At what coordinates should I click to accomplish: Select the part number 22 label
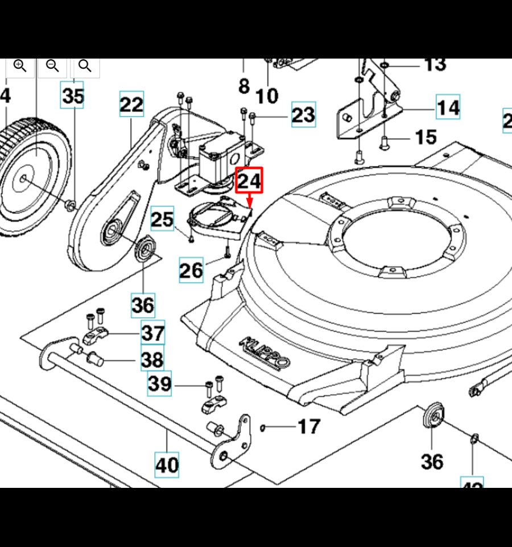pyautogui.click(x=131, y=105)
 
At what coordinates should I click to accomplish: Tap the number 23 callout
pyautogui.click(x=303, y=115)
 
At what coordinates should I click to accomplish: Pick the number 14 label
pyautogui.click(x=448, y=107)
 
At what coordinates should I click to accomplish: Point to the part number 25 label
pyautogui.click(x=162, y=219)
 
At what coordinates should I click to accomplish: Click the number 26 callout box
pyautogui.click(x=191, y=270)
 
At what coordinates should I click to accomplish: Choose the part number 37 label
pyautogui.click(x=152, y=333)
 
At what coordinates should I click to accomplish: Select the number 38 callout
pyautogui.click(x=152, y=359)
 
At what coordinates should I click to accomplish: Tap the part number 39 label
pyautogui.click(x=160, y=384)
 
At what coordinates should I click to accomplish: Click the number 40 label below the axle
pyautogui.click(x=167, y=465)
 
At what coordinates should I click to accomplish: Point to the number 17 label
pyautogui.click(x=309, y=426)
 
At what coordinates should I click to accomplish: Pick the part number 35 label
pyautogui.click(x=73, y=96)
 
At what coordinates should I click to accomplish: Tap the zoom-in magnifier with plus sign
pyautogui.click(x=20, y=66)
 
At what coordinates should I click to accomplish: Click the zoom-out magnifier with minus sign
pyautogui.click(x=52, y=66)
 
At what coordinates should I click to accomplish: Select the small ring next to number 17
pyautogui.click(x=263, y=428)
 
